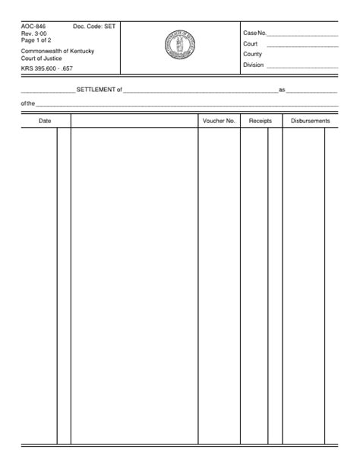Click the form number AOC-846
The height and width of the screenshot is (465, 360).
[x=31, y=26]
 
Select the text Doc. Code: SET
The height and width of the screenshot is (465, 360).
[x=94, y=26]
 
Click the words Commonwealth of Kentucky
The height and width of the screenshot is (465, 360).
[x=58, y=51]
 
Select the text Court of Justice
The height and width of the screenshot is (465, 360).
[x=42, y=59]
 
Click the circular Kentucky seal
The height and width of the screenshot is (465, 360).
[x=180, y=47]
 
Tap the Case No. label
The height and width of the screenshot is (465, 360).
[x=254, y=33]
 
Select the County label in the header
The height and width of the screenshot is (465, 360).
[x=253, y=55]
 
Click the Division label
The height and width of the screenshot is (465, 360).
[x=254, y=65]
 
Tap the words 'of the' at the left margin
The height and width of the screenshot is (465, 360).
[x=28, y=104]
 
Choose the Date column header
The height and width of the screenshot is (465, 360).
[x=45, y=121]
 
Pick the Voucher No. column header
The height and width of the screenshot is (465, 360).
[x=219, y=121]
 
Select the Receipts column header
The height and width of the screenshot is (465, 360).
[x=261, y=121]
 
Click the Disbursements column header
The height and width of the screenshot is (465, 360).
[x=310, y=121]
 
